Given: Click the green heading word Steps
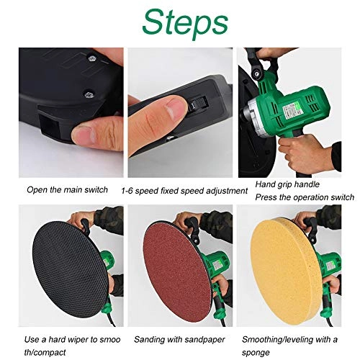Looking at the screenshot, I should coord(180,22).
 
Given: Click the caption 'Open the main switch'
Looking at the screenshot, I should coord(67,190).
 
